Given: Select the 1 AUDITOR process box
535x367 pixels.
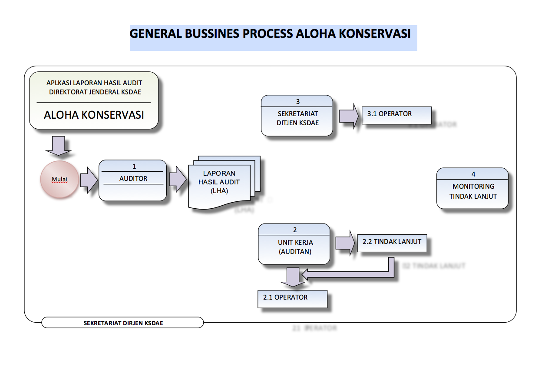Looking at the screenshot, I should click(133, 180).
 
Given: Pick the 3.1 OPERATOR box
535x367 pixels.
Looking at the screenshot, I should click(396, 115).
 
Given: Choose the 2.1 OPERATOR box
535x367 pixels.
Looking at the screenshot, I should click(292, 298).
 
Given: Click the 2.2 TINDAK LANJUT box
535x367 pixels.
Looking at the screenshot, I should click(392, 242).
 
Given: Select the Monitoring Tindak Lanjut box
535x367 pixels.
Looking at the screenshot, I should click(472, 189).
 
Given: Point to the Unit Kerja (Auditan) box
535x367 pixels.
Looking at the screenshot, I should click(294, 244).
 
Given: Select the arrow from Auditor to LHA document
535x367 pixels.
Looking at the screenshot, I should click(178, 180).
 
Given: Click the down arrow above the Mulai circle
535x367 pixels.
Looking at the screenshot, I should click(58, 146).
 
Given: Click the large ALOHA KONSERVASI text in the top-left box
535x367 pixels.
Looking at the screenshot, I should click(94, 115).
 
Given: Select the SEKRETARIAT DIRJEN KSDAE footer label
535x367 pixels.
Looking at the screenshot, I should click(123, 323).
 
